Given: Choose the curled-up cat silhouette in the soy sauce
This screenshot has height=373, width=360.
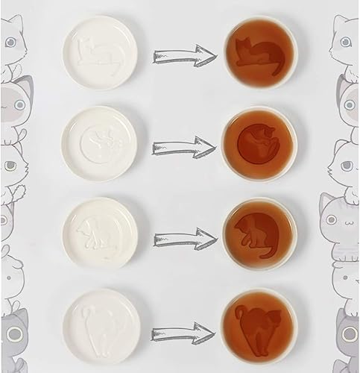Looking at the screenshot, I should click(x=255, y=144).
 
